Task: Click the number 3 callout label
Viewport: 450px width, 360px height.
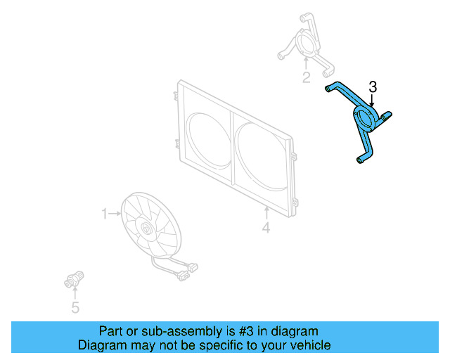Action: (373, 87)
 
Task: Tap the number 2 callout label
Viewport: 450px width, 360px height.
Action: (307, 77)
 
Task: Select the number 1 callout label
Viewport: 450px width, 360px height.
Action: (104, 213)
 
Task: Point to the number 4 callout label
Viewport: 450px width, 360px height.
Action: (266, 228)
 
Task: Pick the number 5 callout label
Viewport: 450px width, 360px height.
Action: (75, 307)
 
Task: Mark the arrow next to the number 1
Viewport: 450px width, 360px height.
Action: (115, 213)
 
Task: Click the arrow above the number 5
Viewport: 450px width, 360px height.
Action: (75, 294)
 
